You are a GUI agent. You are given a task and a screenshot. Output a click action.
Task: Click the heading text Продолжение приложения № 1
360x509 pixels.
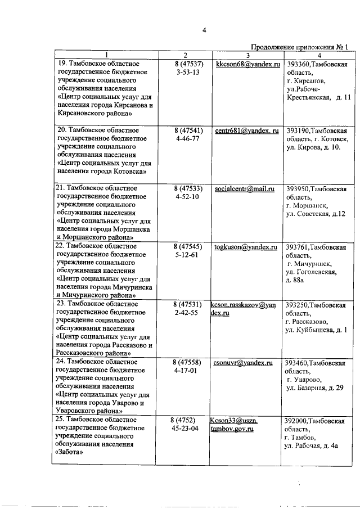point(300,47)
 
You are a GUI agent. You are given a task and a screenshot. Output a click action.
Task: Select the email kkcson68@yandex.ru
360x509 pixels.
point(247,65)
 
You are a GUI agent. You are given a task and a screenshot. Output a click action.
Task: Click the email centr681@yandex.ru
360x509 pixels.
point(247,130)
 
